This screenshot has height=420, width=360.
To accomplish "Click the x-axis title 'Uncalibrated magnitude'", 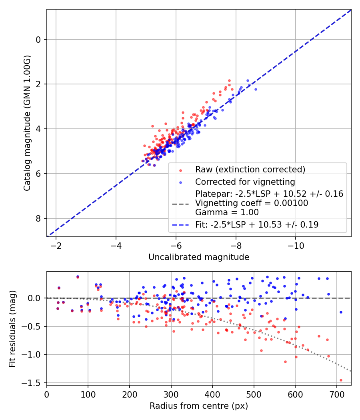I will (x=199, y=257).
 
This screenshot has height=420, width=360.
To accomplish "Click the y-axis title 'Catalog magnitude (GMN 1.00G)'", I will (x=27, y=129).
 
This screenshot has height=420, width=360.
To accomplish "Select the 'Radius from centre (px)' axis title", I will (x=199, y=406).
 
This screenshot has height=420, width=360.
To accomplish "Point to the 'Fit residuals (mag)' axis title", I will (x=12, y=328).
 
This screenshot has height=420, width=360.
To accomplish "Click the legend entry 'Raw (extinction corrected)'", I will (x=250, y=169).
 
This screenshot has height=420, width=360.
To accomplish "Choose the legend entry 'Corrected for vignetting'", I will (x=245, y=182).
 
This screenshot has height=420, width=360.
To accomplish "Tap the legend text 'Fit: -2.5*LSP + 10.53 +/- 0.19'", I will (x=257, y=225).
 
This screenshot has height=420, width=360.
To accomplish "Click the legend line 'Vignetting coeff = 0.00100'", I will (x=252, y=203).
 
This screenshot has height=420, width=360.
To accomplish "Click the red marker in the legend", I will (x=180, y=170).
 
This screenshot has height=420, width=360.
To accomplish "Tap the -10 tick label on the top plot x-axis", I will (x=296, y=245).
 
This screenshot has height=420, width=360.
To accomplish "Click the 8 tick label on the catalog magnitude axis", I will (x=38, y=218).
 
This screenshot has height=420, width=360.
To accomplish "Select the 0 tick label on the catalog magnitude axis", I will (x=38, y=40).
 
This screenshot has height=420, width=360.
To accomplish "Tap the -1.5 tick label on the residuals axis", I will (x=32, y=383).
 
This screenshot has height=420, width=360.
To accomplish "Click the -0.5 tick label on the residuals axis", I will (x=32, y=326).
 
